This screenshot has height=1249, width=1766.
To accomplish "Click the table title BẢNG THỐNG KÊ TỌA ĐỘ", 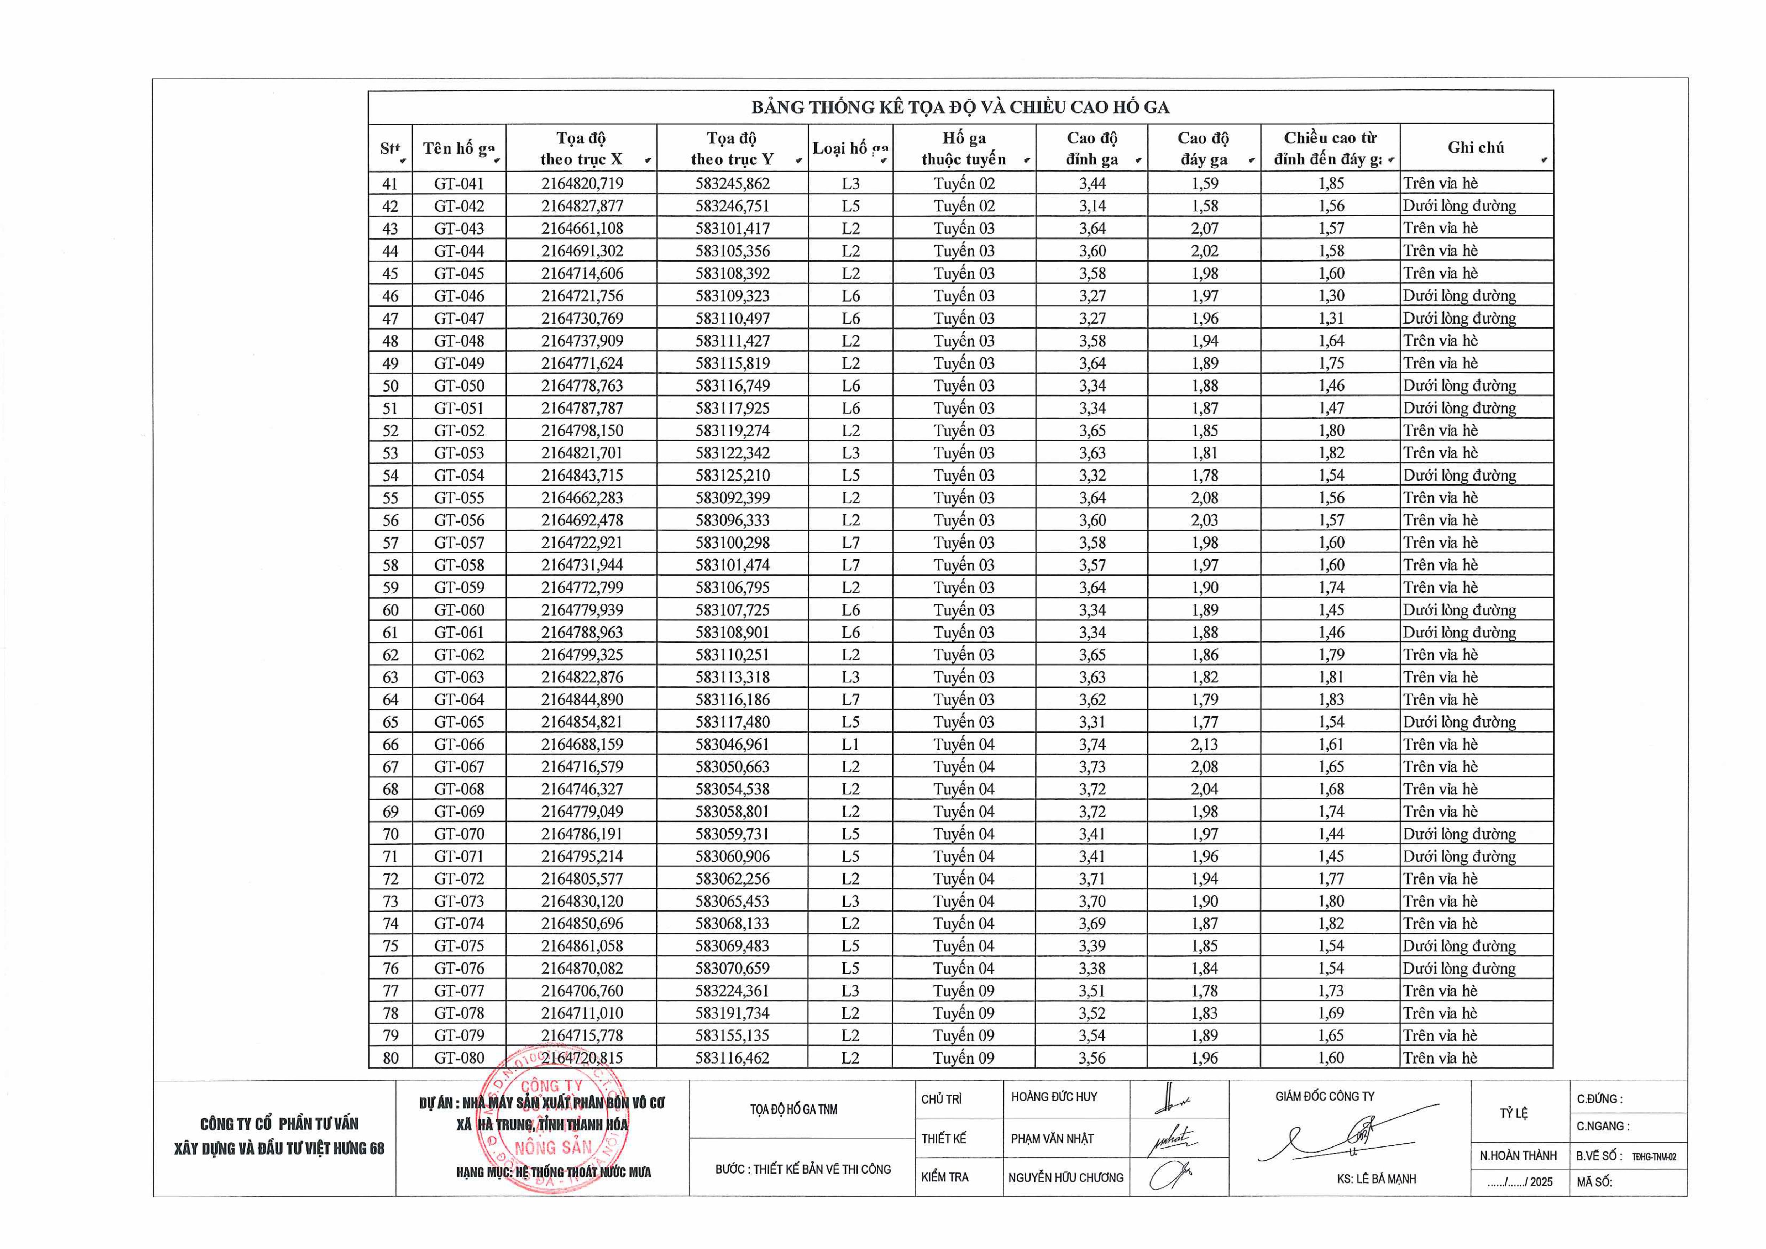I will tap(960, 107).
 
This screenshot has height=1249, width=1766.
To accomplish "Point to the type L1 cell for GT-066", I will tap(850, 744).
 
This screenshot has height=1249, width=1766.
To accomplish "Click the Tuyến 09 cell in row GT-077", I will tap(964, 991).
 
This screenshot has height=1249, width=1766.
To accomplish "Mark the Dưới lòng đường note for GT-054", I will tap(1459, 475).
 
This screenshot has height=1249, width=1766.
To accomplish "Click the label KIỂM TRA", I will tap(944, 1177).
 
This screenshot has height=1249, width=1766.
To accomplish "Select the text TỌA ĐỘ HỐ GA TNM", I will tap(794, 1109).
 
